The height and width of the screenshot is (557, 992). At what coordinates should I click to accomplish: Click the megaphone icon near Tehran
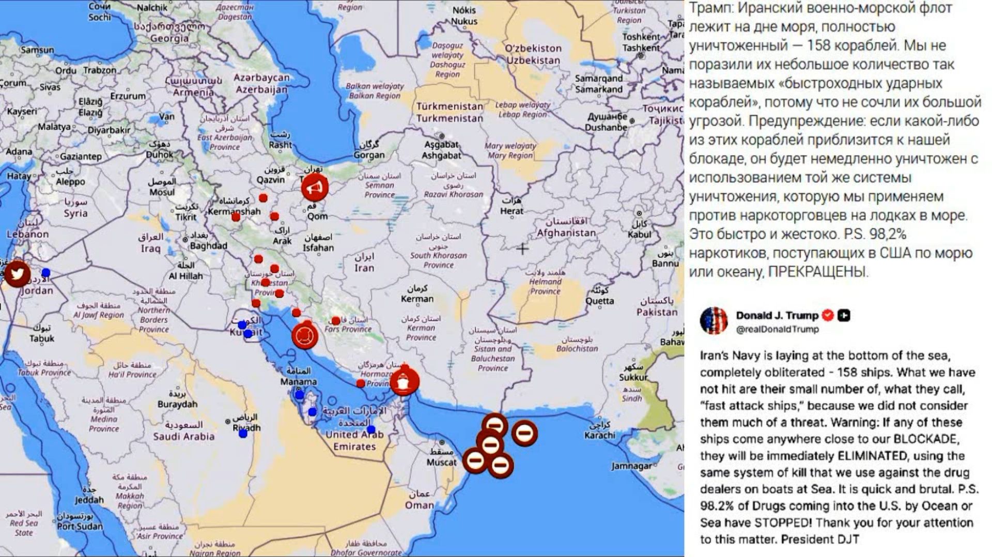315,187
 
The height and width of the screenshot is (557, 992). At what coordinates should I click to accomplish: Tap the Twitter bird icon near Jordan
17,273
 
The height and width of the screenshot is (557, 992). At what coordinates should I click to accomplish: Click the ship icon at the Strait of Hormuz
404,381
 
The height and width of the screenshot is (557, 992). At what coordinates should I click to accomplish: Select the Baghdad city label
208,246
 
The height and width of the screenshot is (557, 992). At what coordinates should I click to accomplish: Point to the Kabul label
640,234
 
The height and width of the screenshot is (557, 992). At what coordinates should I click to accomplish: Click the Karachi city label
599,435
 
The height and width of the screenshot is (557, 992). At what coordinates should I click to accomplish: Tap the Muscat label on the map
442,462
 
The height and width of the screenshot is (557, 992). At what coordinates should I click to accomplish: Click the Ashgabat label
441,155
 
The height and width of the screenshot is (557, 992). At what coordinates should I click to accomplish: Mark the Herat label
512,211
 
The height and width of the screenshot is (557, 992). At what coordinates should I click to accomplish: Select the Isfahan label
318,247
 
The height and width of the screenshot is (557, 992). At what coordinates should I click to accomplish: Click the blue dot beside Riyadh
243,434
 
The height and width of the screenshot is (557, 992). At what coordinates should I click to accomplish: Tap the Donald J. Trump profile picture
714,320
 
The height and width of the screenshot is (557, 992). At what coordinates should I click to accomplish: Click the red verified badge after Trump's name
828,315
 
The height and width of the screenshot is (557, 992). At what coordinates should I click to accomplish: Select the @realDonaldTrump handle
777,329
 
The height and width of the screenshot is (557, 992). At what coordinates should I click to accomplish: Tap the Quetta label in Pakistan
600,301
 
